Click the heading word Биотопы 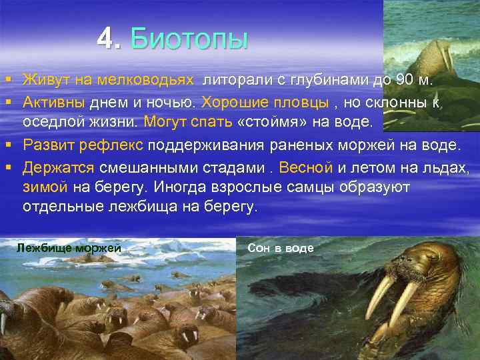pyautogui.click(x=190, y=39)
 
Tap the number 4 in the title pyautogui.click(x=105, y=39)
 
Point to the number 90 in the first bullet pyautogui.click(x=405, y=81)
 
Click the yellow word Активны pyautogui.click(x=53, y=102)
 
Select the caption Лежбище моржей pyautogui.click(x=69, y=249)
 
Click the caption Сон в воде pyautogui.click(x=280, y=248)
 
